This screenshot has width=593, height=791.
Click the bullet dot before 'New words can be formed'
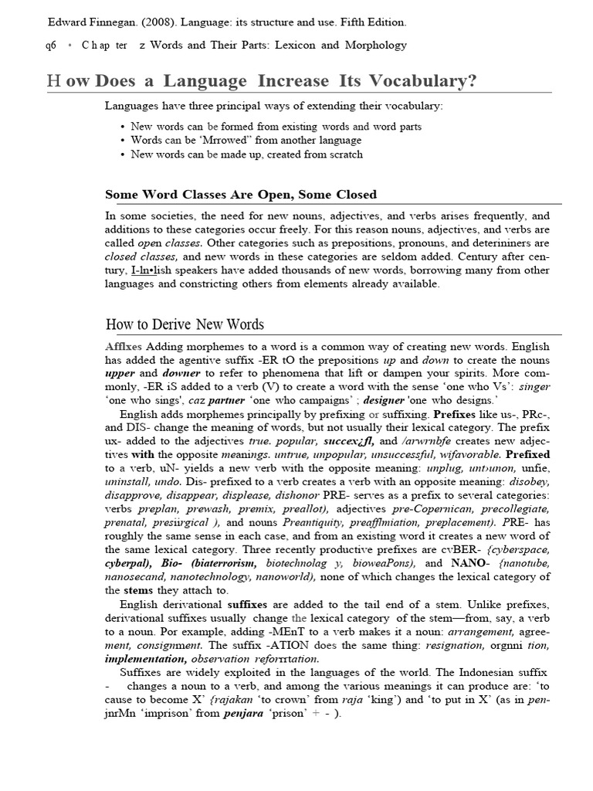[x=124, y=127]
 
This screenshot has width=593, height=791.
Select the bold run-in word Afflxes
[x=124, y=347]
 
